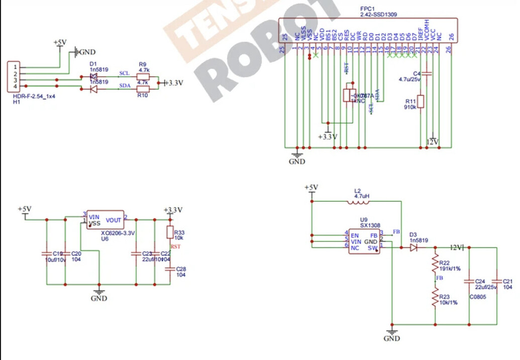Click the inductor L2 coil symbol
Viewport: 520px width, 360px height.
click(x=358, y=202)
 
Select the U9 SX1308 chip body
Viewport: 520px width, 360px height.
click(x=364, y=242)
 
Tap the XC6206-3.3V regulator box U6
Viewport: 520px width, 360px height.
click(x=105, y=219)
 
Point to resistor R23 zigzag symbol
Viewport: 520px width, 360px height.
click(x=435, y=298)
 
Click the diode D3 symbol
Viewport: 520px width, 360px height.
click(x=413, y=248)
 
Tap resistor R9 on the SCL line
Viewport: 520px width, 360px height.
click(x=143, y=77)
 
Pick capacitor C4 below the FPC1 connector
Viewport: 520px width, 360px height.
click(x=427, y=74)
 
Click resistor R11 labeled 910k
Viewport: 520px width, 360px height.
click(x=422, y=101)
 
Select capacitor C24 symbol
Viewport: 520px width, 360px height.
click(x=469, y=281)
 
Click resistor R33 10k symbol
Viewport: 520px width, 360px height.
click(x=170, y=232)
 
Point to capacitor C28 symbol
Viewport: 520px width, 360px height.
click(x=170, y=269)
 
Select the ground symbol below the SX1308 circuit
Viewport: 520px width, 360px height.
click(x=392, y=332)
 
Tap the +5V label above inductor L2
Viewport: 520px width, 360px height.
click(x=311, y=188)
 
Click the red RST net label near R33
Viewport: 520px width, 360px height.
click(x=175, y=247)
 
